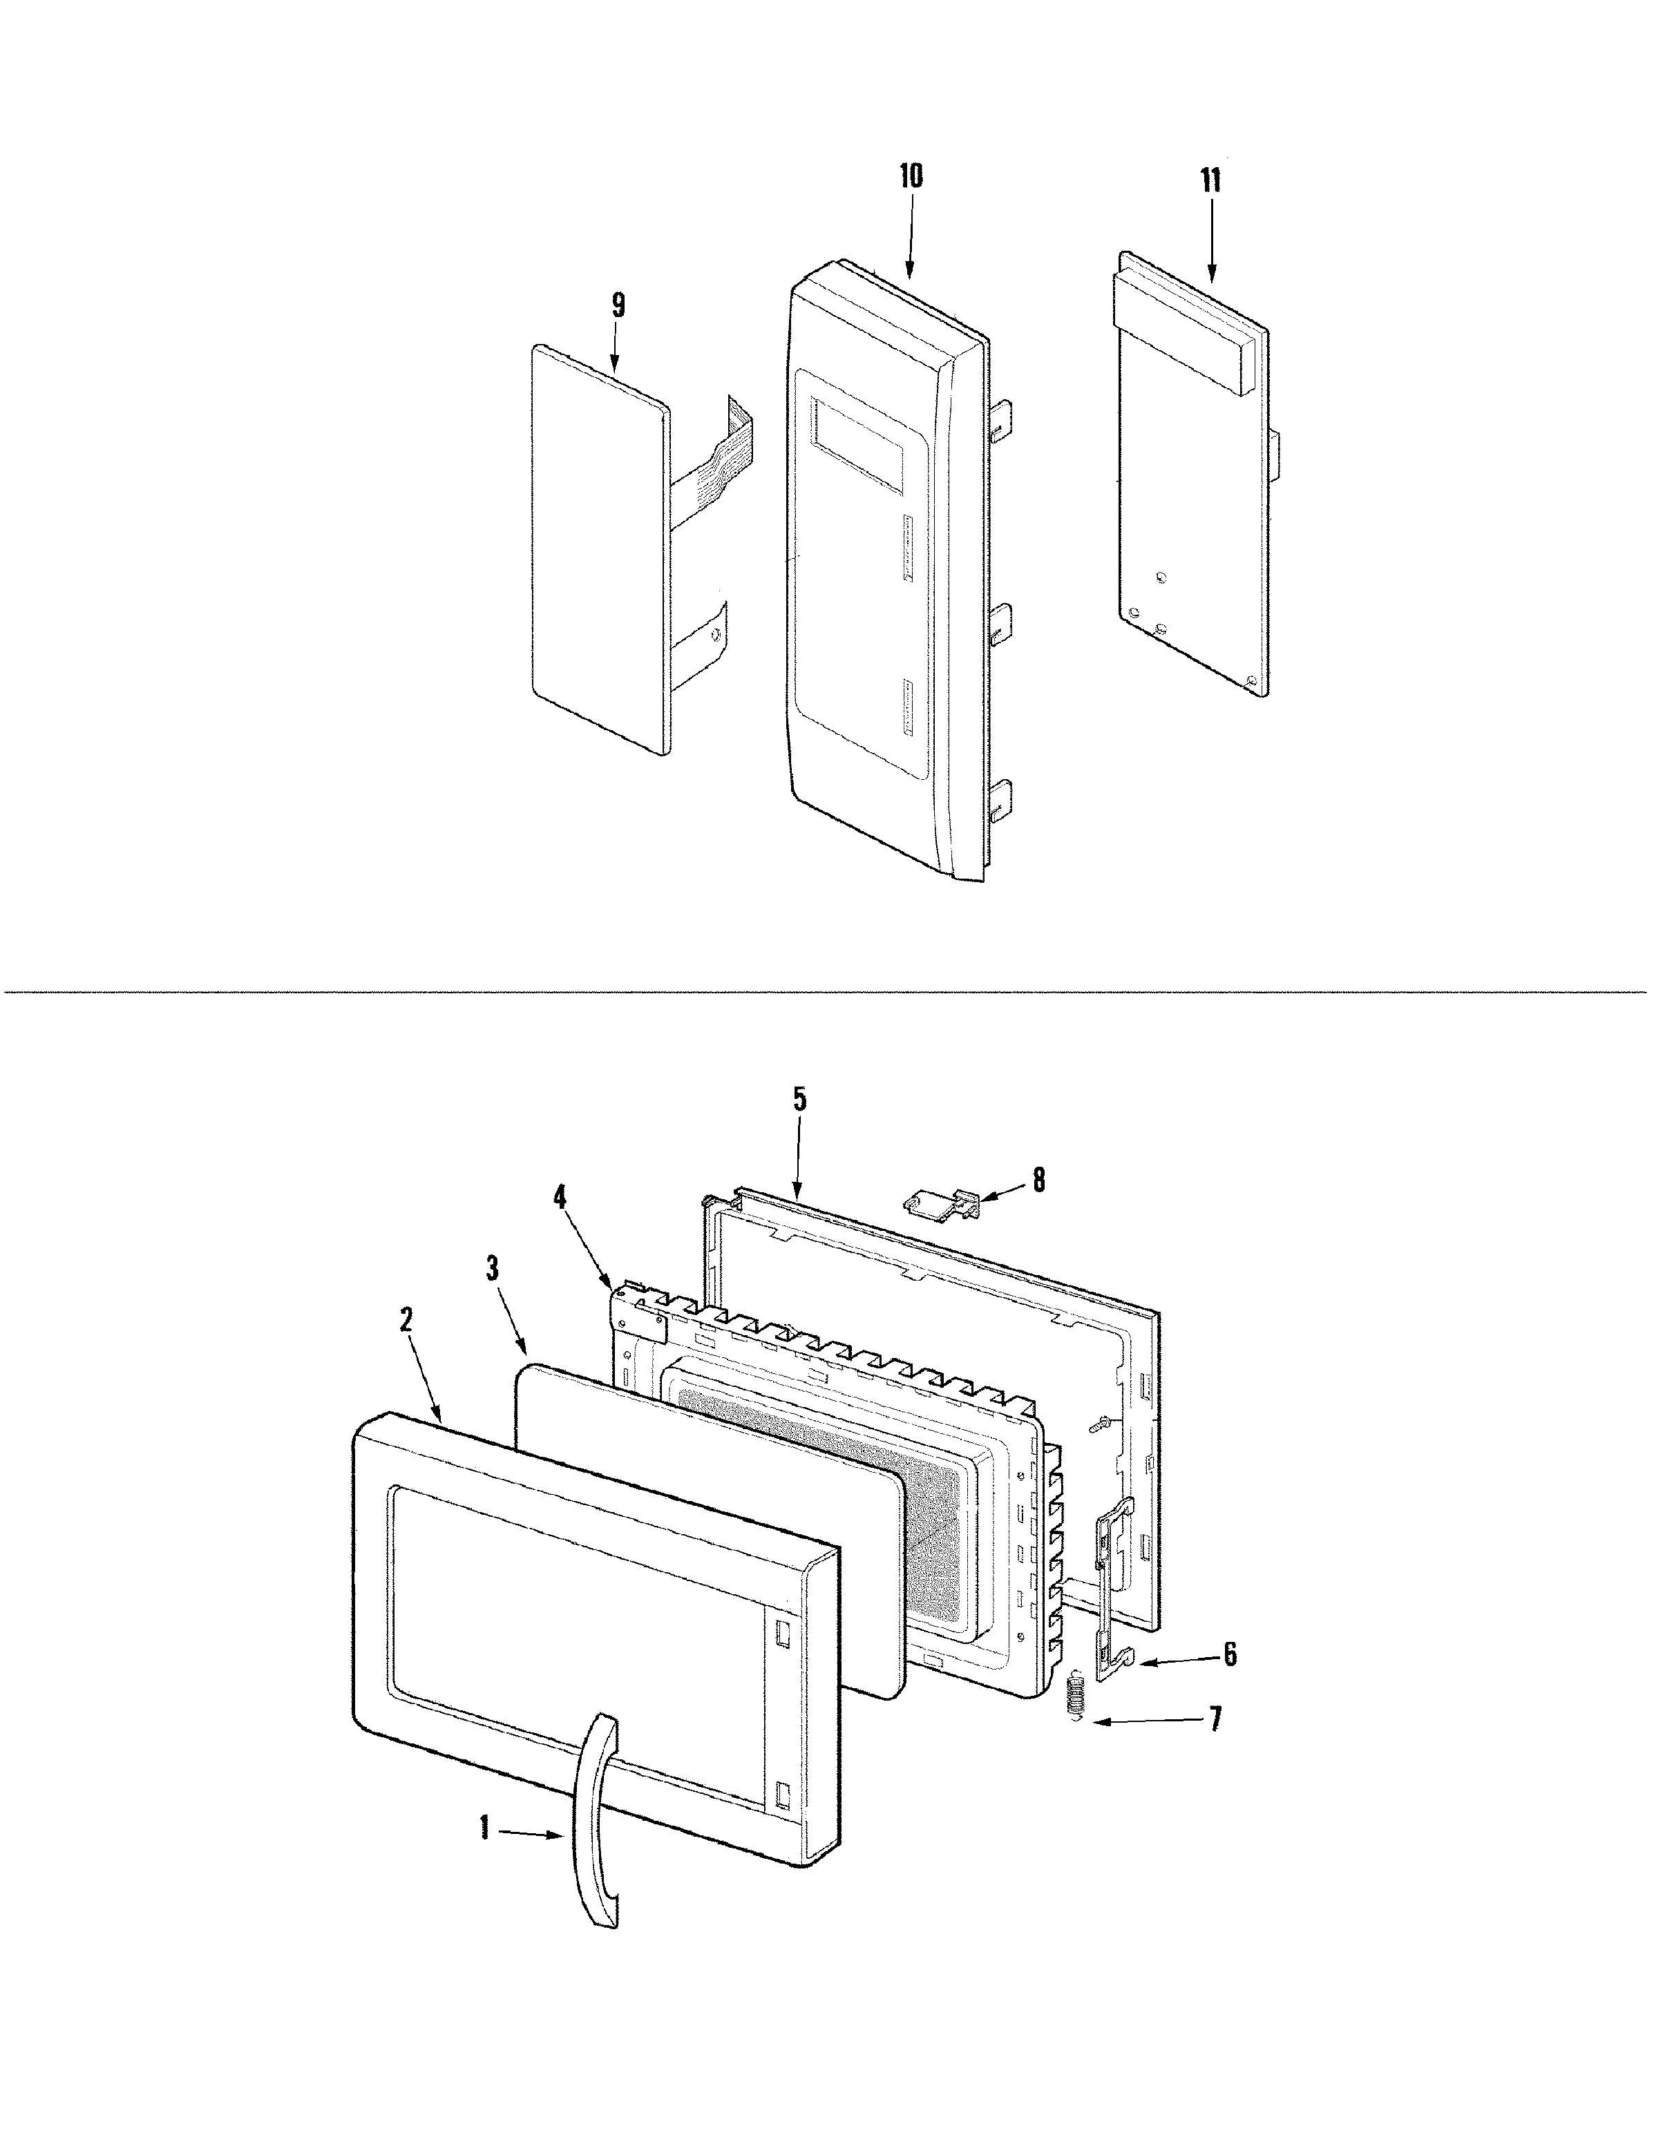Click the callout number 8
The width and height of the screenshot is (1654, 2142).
(x=1038, y=1180)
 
